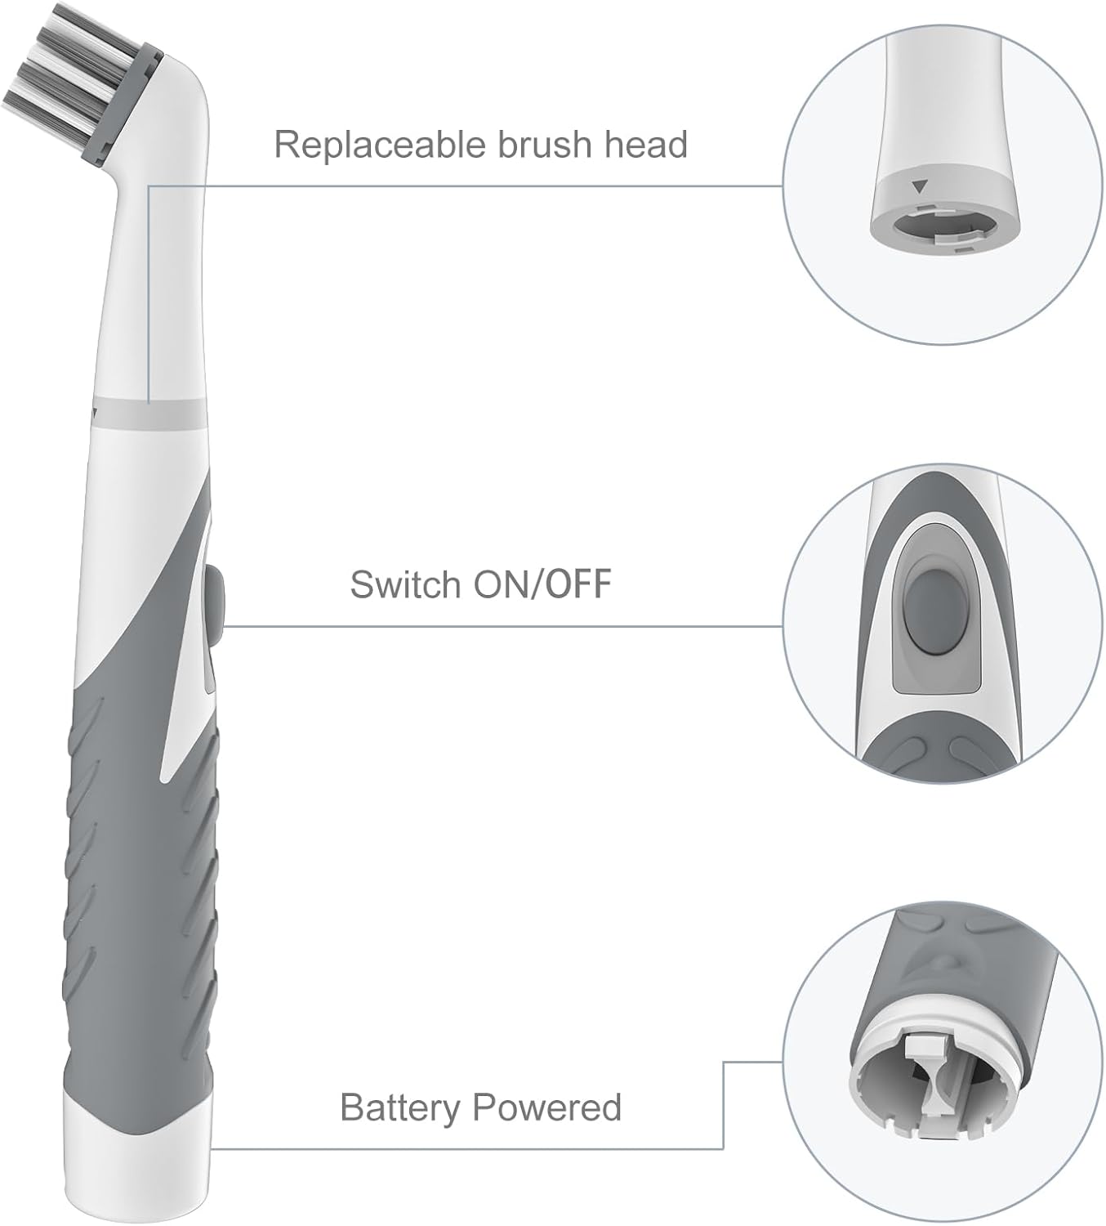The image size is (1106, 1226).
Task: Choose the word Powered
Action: pyautogui.click(x=547, y=1107)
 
